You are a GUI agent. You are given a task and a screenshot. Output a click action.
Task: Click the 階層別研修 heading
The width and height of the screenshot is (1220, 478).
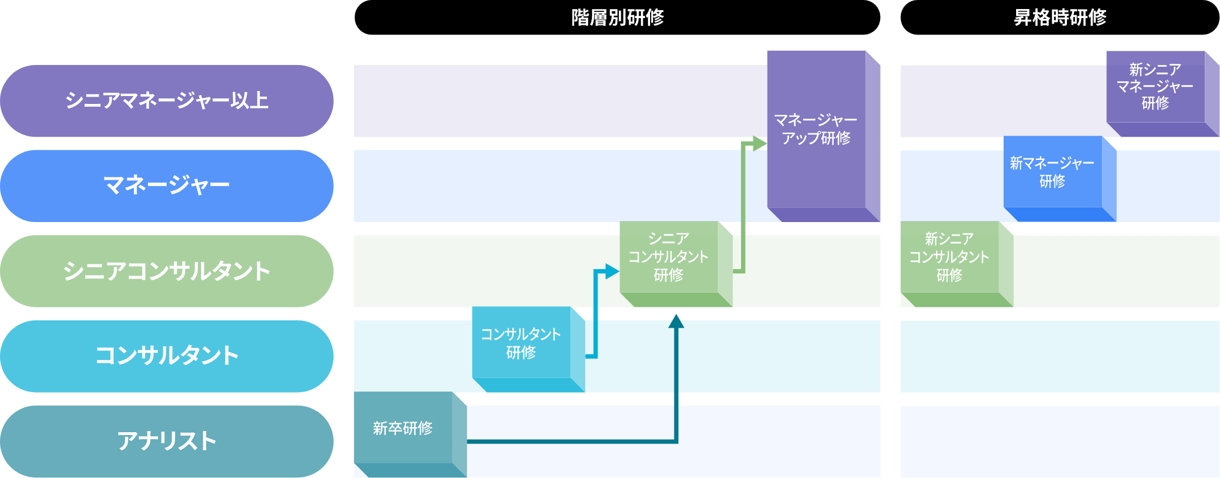point(617,18)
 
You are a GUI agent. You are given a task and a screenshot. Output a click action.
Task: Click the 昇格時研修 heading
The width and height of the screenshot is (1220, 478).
point(1060,18)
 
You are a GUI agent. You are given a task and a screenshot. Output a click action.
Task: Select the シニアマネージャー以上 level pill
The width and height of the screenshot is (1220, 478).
point(167,101)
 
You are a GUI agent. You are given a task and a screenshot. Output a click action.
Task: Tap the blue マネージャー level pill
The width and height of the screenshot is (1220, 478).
point(167,186)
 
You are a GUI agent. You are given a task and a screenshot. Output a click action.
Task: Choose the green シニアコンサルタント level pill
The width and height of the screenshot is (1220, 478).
point(167,271)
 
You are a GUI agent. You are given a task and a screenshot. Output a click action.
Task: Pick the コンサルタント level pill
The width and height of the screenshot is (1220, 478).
point(167,356)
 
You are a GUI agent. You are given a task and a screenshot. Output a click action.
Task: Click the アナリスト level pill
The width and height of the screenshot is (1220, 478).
point(167,441)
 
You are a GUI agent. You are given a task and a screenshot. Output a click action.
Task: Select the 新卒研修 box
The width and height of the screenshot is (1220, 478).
point(403,428)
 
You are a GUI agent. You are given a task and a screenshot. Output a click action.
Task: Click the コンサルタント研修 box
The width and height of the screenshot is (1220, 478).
point(521,343)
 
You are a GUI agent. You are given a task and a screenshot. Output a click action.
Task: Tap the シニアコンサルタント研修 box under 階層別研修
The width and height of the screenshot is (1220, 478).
point(669,257)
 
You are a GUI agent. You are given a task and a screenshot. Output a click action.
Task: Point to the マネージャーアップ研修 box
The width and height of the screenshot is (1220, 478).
point(816,129)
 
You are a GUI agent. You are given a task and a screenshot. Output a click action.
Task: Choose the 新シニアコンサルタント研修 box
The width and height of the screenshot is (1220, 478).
point(949,257)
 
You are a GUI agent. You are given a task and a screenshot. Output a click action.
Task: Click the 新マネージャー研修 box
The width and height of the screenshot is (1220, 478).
point(1052,172)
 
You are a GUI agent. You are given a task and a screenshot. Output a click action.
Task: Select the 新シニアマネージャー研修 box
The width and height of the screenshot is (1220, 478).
point(1155,86)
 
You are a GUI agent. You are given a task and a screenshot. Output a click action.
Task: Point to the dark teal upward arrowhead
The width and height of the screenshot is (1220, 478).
point(676,321)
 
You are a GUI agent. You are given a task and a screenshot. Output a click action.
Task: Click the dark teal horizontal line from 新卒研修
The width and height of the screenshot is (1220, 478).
point(570,441)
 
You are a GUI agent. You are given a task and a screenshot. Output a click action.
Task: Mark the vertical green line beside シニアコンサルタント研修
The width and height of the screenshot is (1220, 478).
point(743,215)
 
